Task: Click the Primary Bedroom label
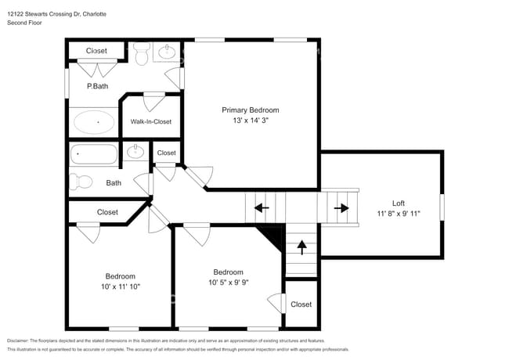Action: tap(250, 110)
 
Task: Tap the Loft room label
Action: tap(398, 203)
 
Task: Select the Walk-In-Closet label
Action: tap(150, 121)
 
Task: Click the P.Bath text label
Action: tap(97, 86)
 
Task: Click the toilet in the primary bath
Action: tap(142, 54)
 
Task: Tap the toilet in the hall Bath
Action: tap(80, 182)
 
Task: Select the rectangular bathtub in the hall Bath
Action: tap(93, 153)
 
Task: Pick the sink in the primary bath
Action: tap(167, 52)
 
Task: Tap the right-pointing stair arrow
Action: tap(341, 208)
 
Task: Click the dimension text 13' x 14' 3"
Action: tap(250, 121)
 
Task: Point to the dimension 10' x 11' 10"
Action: tap(121, 287)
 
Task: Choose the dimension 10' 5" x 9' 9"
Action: tap(229, 283)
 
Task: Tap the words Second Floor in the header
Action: tap(25, 23)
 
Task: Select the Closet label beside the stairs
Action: tap(301, 304)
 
